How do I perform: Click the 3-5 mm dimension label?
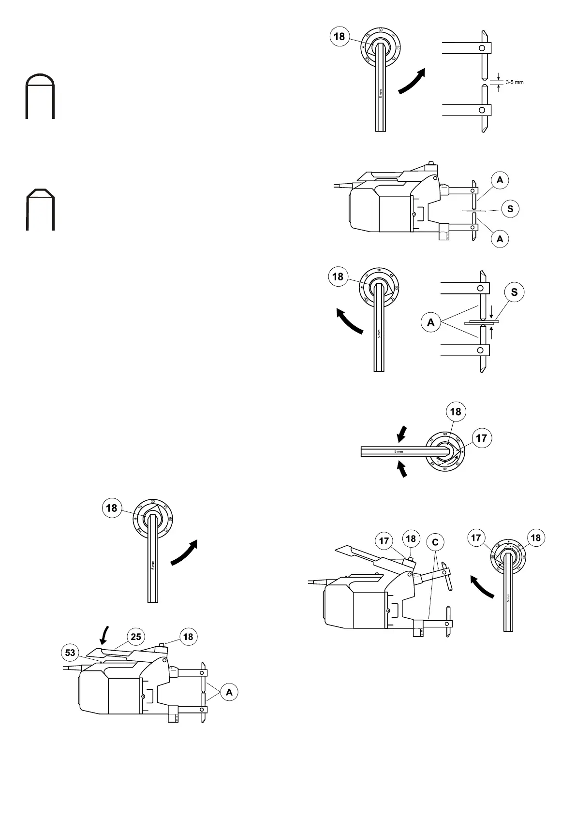click(x=515, y=82)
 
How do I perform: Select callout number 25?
click(x=136, y=637)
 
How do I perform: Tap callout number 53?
click(x=70, y=653)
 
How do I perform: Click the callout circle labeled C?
click(x=435, y=542)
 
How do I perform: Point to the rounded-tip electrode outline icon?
click(x=40, y=96)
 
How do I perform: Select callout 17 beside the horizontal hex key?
click(x=481, y=438)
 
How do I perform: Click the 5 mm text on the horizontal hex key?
click(x=399, y=451)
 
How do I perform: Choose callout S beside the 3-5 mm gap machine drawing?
click(x=510, y=209)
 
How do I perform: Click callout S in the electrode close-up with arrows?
click(x=514, y=292)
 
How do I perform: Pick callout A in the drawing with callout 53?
click(x=229, y=692)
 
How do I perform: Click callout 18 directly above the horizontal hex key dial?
click(x=455, y=411)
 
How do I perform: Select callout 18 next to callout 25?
click(x=188, y=637)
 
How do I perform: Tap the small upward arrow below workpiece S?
click(x=491, y=333)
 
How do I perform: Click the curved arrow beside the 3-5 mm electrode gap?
click(x=412, y=81)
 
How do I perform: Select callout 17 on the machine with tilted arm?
click(x=384, y=541)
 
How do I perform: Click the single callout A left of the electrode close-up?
click(x=431, y=322)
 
